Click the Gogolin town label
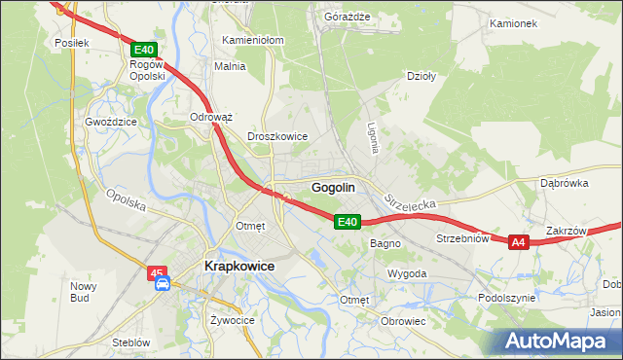332,187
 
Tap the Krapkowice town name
238,265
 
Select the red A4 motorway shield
518,242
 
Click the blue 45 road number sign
159,271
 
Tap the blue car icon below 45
163,284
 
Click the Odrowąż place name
210,117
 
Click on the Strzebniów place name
461,237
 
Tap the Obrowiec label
404,321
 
